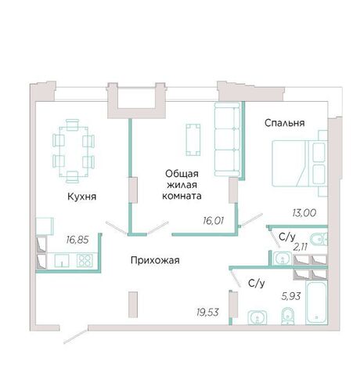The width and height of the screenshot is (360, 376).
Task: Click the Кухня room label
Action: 82,197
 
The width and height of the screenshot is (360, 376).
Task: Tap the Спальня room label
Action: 285,123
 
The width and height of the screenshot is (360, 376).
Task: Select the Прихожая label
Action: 155,260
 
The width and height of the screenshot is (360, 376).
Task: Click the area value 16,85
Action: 77,240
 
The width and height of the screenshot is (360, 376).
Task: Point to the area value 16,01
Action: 214,221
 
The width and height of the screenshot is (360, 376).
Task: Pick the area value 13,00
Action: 304,213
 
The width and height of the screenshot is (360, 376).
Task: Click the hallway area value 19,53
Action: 208,312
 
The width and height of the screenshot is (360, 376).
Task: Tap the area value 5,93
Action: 291,296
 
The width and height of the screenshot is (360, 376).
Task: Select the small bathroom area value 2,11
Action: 301,247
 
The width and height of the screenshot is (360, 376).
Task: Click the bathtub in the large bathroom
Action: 316,302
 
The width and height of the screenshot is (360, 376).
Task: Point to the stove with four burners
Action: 85,261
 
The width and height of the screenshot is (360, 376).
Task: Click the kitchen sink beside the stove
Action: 62,261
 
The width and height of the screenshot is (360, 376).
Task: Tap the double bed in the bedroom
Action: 300,164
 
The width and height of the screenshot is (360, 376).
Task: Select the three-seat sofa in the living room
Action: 227,139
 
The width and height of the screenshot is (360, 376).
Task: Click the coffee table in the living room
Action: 193,139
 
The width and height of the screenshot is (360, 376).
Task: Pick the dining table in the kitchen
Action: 74,151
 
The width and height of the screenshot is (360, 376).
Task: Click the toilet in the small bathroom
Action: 319,239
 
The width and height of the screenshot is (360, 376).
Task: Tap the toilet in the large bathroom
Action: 287,316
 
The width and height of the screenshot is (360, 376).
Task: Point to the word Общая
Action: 182,174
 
